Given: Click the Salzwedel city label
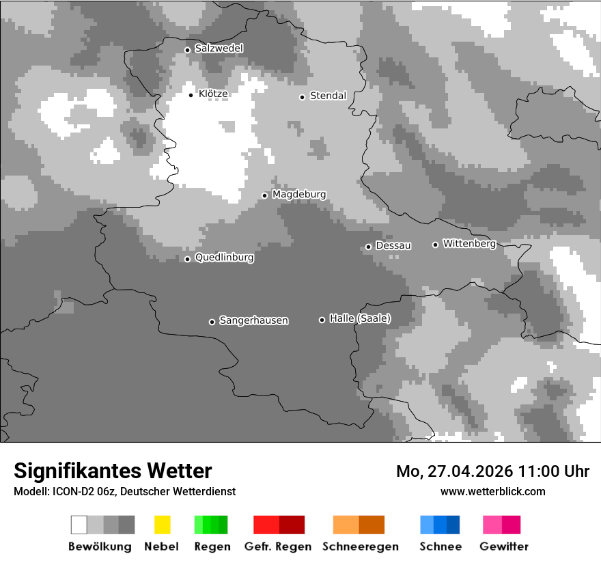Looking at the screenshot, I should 219,49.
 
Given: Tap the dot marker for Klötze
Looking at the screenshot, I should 191,95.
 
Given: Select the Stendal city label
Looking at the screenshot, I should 328,96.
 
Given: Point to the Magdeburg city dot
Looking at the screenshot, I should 264,195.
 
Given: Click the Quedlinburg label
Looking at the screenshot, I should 224,258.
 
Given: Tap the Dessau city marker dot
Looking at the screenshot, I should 368,247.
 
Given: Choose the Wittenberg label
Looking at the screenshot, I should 469,243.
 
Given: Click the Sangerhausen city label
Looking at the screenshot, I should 253,320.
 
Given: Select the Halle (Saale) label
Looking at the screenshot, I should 360,318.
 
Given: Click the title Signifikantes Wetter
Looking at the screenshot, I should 113,471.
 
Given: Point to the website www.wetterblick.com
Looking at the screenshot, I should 492,491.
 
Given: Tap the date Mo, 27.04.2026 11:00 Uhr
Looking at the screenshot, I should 492,471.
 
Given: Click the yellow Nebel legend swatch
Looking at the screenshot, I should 162,525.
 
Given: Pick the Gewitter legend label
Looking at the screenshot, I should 503,547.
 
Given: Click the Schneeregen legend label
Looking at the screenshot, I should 360,547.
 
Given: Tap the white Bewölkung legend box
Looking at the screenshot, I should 79,525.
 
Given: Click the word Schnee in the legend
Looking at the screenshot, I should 440,547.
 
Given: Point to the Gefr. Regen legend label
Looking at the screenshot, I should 277,547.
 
